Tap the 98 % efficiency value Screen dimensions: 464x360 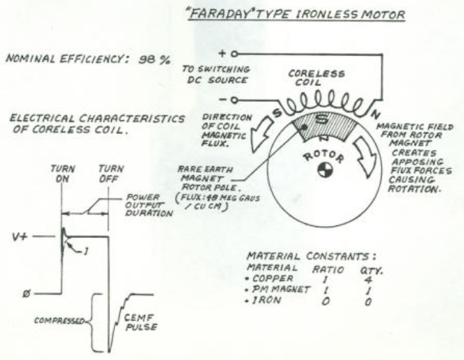coord(154,59)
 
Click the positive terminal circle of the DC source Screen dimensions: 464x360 coord(234,54)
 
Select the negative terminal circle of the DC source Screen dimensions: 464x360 coord(234,101)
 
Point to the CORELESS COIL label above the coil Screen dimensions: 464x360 coord(316,78)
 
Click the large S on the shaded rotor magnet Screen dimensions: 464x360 coord(322,119)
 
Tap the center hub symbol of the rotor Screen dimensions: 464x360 coord(325,170)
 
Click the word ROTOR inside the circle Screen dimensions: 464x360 coord(323,156)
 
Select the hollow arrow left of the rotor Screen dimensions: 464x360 coord(262,135)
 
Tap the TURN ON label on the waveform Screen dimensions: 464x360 coord(62,174)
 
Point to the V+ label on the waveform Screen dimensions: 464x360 coord(20,237)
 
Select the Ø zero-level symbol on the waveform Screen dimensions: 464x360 coord(27,295)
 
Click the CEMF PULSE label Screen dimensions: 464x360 coord(141,322)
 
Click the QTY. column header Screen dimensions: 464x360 coord(371,270)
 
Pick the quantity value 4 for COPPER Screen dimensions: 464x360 coord(369,280)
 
